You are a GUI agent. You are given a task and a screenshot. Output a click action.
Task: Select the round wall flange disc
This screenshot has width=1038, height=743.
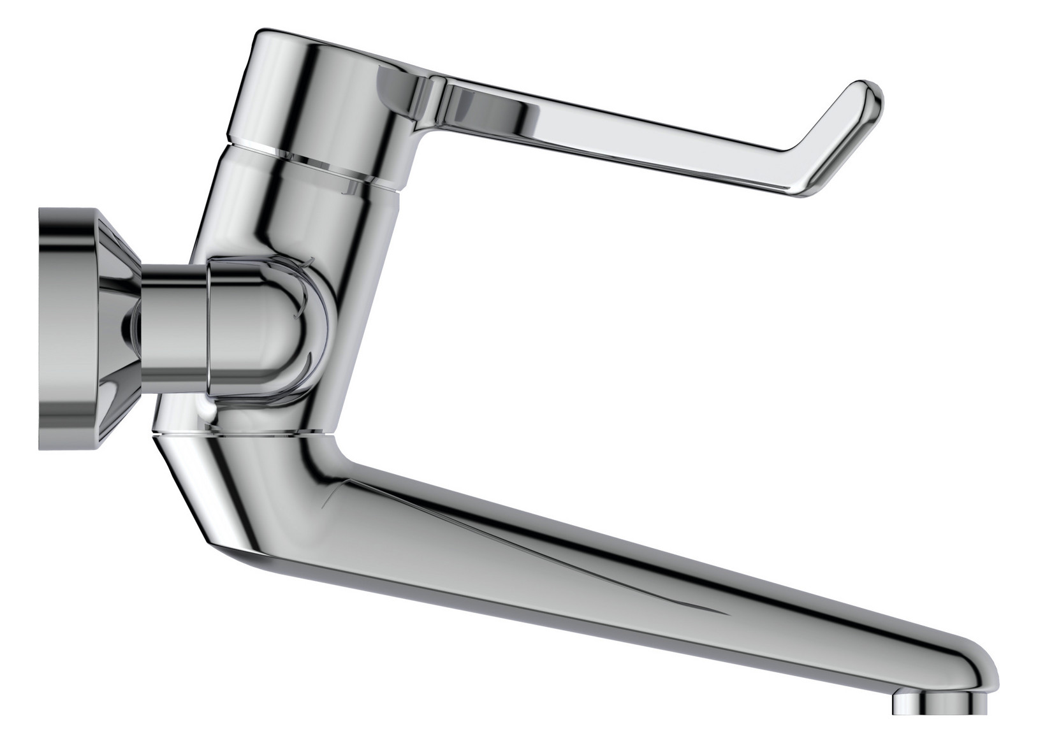coord(64,328)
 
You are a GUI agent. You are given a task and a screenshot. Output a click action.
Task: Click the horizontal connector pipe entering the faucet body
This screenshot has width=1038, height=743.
coord(172,325)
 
